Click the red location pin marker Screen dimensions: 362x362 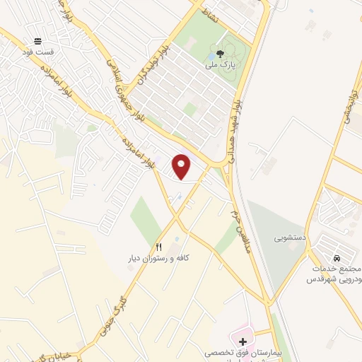(182, 165)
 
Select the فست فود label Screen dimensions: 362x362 (37, 52)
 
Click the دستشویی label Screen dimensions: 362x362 (290, 238)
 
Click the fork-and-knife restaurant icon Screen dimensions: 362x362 (159, 247)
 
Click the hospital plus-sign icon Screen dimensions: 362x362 (244, 342)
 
